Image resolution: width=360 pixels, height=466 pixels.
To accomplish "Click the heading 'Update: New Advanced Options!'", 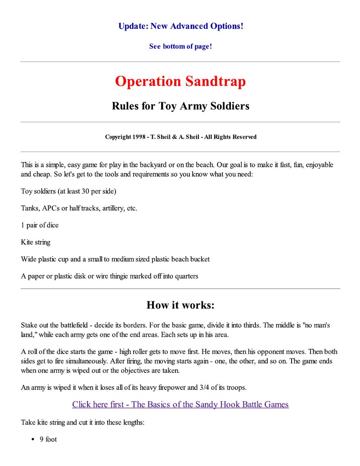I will coord(180,26).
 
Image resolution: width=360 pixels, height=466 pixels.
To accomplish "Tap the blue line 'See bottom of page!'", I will coord(180,46).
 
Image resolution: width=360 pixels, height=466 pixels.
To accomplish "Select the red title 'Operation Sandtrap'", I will coord(180,81).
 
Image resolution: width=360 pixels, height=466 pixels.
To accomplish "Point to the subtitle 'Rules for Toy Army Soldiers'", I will coord(180,106).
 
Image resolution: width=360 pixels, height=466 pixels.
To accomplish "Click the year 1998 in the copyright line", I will coord(138,137).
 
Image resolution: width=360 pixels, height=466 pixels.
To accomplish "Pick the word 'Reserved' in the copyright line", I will coord(244,137).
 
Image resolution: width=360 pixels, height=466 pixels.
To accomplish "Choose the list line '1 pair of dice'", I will coord(40,225).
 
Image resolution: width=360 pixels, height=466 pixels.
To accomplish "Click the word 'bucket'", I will coord(199,259).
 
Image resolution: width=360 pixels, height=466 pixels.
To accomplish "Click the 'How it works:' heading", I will coord(180,305).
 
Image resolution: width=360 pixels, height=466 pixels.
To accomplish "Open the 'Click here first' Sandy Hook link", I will coord(180,404).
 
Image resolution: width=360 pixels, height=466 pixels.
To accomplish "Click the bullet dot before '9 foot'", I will coord(33,439).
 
